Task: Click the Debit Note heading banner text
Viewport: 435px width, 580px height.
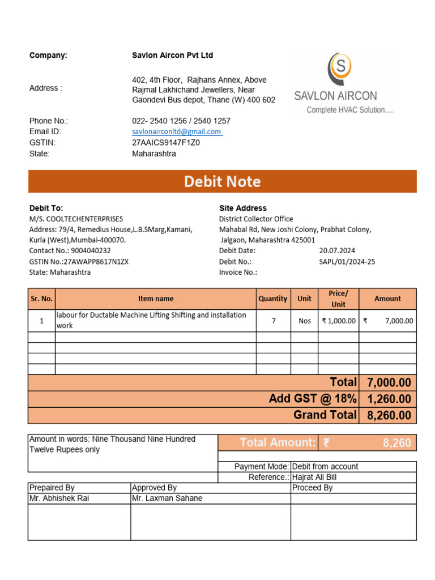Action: [222, 182]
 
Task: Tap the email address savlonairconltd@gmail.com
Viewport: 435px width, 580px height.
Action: [176, 131]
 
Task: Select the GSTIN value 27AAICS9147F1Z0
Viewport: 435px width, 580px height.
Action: [165, 143]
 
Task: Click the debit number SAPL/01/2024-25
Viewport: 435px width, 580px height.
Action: [347, 262]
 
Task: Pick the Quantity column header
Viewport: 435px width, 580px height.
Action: [272, 298]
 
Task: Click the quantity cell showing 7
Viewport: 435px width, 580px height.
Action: [274, 321]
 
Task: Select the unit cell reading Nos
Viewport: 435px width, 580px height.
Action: [305, 321]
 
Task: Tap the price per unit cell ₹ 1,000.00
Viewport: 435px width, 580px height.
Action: [339, 321]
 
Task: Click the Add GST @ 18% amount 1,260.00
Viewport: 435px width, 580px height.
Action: [389, 399]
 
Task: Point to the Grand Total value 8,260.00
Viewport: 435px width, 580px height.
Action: [389, 415]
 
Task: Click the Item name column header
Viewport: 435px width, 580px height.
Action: [156, 298]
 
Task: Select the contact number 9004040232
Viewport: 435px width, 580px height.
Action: [91, 250]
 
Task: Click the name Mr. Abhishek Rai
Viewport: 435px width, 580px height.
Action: [59, 498]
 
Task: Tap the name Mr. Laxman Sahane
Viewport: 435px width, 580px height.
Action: [167, 498]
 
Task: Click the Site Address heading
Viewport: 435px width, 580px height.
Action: [242, 208]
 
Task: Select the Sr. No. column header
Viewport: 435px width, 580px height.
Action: [41, 298]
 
